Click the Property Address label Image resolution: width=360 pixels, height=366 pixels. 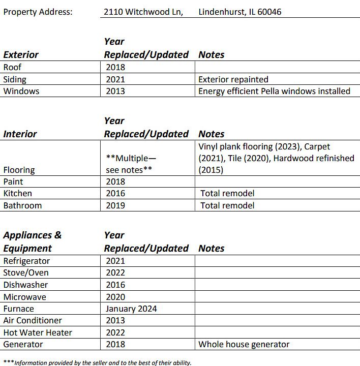(x=38, y=12)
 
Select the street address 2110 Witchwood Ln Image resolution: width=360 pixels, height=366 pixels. (x=143, y=12)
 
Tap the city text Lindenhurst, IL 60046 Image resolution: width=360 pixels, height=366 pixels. (x=239, y=12)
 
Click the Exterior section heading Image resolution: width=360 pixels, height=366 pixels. (x=21, y=54)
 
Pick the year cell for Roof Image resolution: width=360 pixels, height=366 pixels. (x=115, y=67)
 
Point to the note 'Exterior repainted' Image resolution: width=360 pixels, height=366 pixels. (x=233, y=79)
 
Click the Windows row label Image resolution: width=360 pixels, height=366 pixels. (x=21, y=91)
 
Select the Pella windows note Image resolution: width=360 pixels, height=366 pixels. (x=274, y=91)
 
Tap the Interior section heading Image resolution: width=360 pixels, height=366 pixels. (x=20, y=134)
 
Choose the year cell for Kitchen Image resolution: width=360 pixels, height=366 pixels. (x=115, y=193)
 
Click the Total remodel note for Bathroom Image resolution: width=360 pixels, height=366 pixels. (x=227, y=205)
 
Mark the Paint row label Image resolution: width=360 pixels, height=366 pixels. (x=13, y=181)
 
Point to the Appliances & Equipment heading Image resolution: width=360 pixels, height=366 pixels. (x=33, y=241)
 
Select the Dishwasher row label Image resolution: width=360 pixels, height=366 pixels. (x=25, y=285)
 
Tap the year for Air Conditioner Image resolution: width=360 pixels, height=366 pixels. (x=115, y=320)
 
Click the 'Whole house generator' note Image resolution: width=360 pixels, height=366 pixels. (x=244, y=344)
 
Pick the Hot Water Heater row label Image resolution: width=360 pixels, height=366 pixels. (x=38, y=332)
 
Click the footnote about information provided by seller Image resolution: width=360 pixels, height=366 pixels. (x=98, y=362)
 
